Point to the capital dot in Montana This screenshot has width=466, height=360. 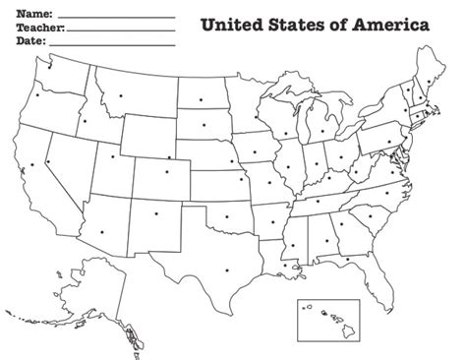[121, 95]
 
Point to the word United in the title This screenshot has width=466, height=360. [234, 25]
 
